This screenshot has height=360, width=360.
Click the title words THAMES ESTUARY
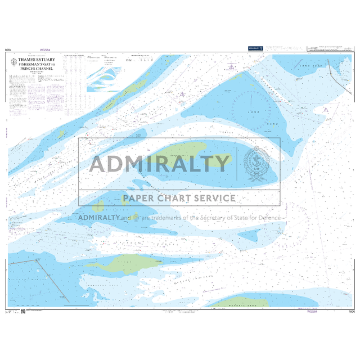coord(35,58)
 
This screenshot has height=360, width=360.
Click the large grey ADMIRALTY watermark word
coord(160,164)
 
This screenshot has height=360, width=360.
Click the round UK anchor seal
coord(259,163)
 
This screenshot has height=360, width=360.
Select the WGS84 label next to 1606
coord(312,311)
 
